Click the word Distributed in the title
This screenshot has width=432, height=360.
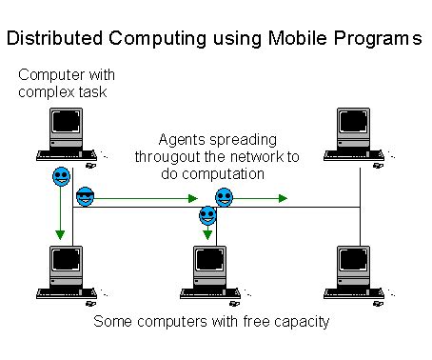(58, 39)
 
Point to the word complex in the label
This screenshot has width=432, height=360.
(48, 91)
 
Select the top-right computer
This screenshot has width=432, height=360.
(360, 134)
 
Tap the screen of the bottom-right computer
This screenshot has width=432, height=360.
(357, 262)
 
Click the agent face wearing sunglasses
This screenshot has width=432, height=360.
(86, 197)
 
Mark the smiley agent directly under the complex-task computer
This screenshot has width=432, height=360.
(61, 177)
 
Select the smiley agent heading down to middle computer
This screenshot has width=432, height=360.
(208, 216)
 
